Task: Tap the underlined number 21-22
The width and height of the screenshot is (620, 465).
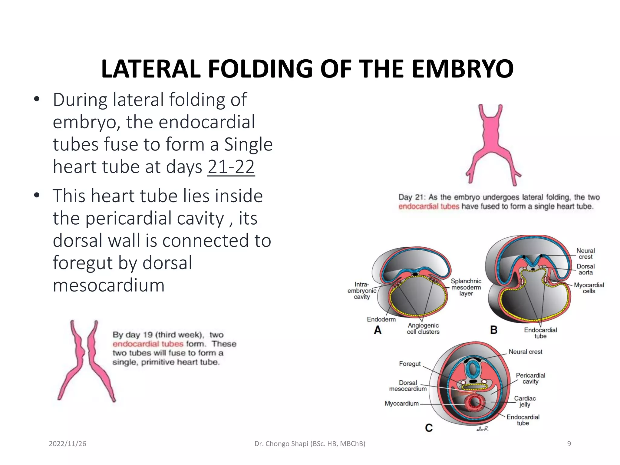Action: tap(231, 167)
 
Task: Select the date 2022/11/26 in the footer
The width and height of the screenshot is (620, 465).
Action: tap(68, 444)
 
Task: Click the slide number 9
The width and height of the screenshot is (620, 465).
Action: tap(569, 444)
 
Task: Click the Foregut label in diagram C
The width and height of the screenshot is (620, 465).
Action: tap(410, 364)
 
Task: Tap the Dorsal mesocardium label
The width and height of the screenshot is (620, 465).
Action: tap(408, 386)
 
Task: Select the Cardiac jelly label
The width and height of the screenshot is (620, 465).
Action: tap(525, 401)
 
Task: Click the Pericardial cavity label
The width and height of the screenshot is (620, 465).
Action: tap(530, 378)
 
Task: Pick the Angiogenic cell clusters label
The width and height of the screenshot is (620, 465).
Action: tap(423, 328)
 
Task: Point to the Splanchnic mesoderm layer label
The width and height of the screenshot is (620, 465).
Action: tap(466, 287)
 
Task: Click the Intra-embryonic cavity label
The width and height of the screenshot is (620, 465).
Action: tap(362, 291)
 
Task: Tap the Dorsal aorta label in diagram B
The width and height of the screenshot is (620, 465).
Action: tap(585, 269)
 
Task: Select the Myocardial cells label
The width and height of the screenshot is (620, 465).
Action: tap(589, 288)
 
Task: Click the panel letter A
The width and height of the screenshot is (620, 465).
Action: tap(378, 330)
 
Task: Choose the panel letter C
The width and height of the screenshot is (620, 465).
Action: tap(429, 428)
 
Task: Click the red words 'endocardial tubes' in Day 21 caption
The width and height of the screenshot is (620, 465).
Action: tap(429, 206)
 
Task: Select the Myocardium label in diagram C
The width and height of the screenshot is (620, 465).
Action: tap(401, 404)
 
